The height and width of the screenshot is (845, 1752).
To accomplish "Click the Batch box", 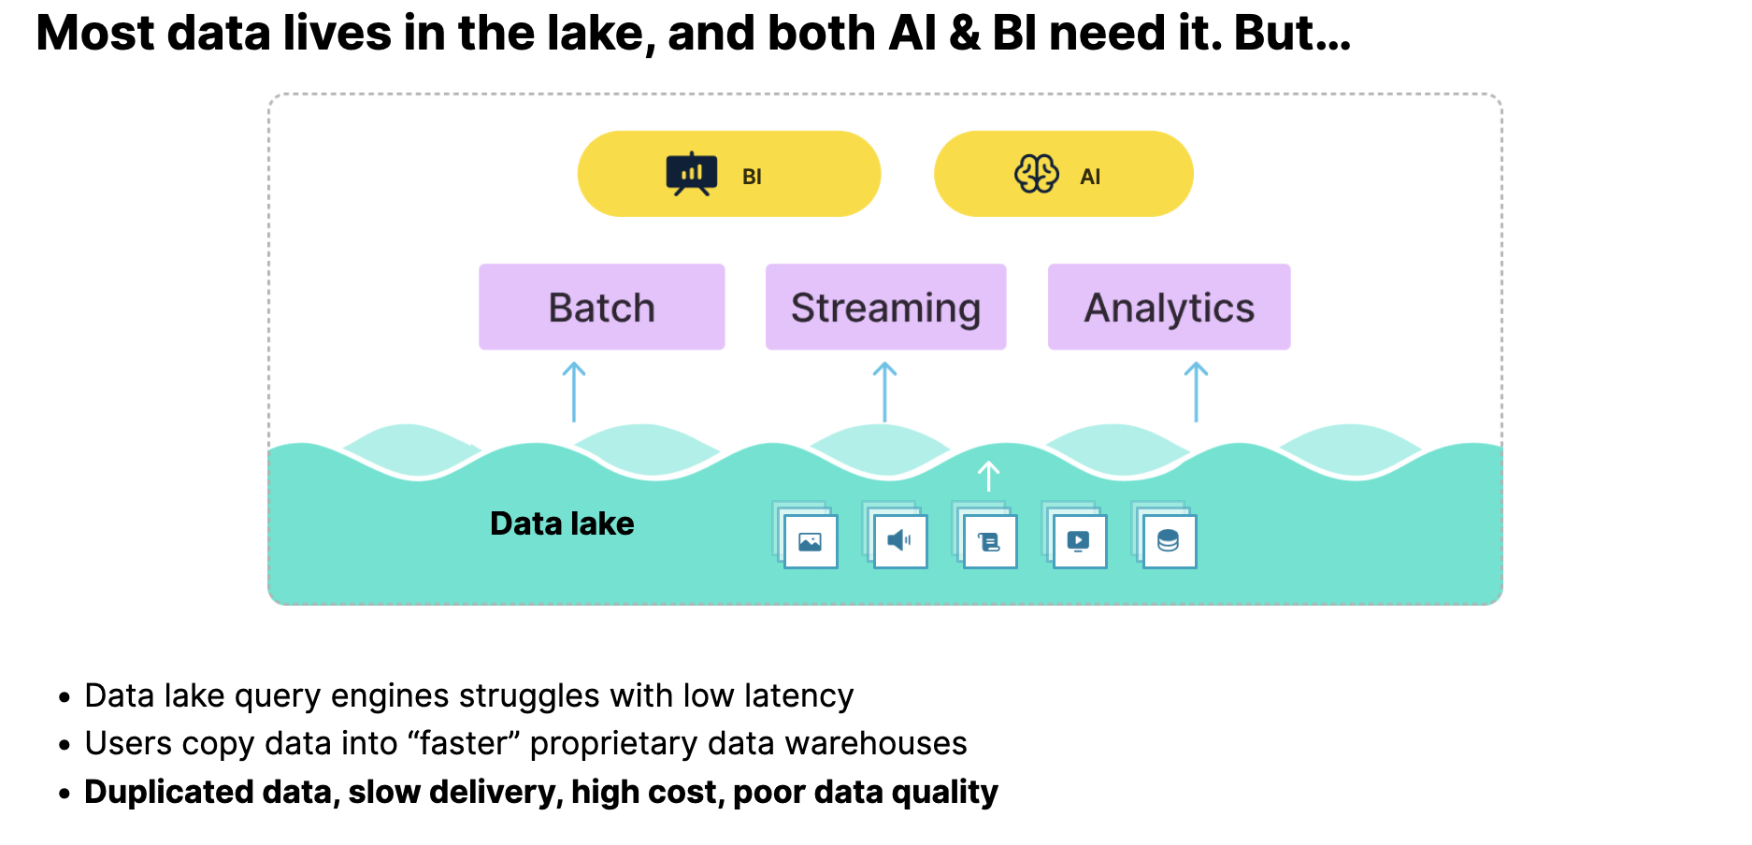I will coord(601,308).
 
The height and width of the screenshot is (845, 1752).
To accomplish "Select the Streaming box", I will coord(885,308).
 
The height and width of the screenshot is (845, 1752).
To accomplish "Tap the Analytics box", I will coord(1169,308).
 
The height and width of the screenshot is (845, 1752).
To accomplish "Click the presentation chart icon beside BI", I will coord(692,174).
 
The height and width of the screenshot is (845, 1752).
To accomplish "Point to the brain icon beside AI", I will coord(1036,174).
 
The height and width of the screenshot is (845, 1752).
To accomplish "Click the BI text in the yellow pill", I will coord(752,177).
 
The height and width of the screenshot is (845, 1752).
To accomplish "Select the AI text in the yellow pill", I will coord(1090,177).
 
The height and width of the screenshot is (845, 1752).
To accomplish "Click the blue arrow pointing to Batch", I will coord(574,393).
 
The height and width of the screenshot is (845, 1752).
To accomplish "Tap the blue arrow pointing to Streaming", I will coord(884,393).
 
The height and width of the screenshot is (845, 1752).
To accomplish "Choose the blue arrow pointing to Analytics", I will coord(1196,393).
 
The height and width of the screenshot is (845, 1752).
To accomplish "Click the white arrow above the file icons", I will coord(988,476).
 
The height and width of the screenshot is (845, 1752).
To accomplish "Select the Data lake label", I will coord(562,523).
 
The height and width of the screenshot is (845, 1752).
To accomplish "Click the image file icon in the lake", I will coord(810,541).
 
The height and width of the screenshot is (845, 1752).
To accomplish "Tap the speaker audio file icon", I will coord(899,540).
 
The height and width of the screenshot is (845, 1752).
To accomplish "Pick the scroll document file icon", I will coord(989,541).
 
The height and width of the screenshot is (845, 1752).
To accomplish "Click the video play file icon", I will coord(1079,541).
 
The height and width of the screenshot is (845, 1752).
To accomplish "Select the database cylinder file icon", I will coord(1168,541).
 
